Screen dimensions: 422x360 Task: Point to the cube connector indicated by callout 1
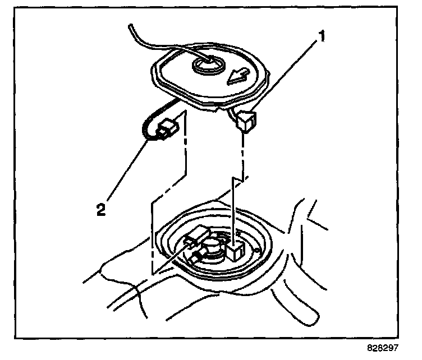[246, 120]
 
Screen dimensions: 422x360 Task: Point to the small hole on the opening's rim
[256, 250]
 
